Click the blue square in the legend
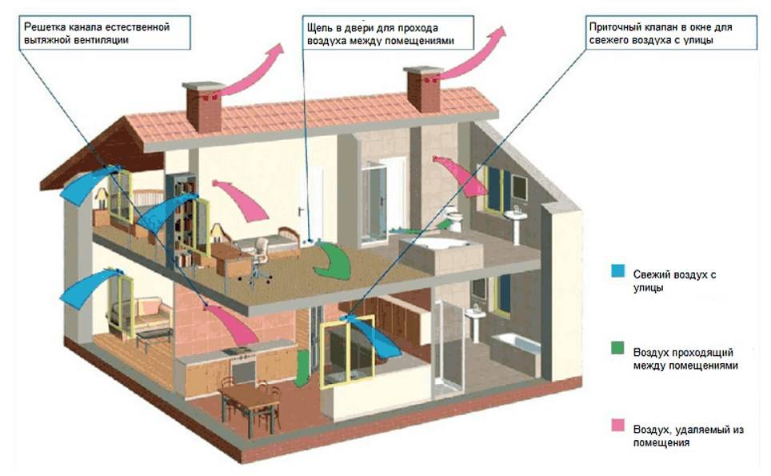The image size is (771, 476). tap(617, 271)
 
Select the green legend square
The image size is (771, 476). tap(617, 348)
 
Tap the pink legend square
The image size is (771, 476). tap(617, 426)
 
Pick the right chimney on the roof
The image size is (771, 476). tap(423, 90)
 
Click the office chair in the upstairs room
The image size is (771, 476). tap(258, 261)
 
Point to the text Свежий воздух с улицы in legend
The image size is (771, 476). tap(674, 281)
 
